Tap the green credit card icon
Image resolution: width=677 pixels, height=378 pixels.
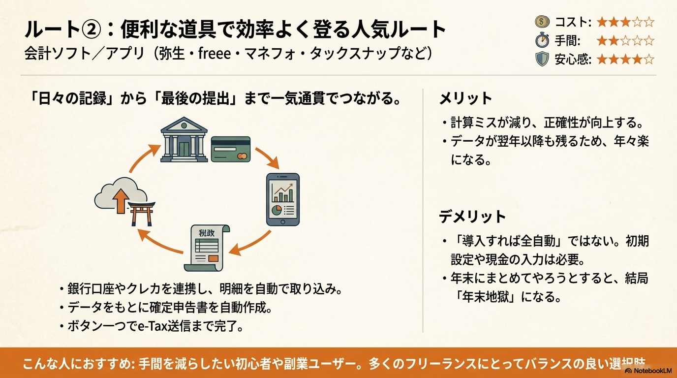point(230,149)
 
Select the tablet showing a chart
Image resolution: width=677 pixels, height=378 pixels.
point(282,199)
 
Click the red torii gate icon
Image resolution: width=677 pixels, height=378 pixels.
point(141,213)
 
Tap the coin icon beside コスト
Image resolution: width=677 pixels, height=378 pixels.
point(542,22)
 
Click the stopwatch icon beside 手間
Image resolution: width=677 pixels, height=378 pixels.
point(542,40)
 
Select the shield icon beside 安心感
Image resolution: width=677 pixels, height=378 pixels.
point(542,59)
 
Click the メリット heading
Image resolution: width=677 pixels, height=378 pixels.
point(465,98)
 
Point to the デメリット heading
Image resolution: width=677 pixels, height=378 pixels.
point(472,217)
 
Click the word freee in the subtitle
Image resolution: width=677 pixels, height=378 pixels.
point(214,53)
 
